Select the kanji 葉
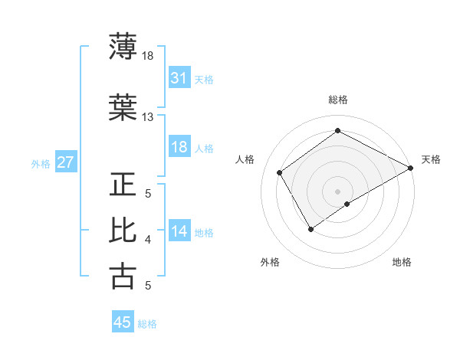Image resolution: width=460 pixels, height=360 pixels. pos(123,109)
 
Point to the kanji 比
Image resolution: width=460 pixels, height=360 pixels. pos(123,230)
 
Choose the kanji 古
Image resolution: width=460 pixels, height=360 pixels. pos(123,276)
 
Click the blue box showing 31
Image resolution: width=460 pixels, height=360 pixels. pos(179,77)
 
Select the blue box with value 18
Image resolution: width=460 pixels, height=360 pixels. pos(179,147)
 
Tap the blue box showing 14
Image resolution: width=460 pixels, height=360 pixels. pos(179,231)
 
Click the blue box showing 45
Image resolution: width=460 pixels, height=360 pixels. pos(123,322)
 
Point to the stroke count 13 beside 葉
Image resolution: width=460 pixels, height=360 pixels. pos(147,117)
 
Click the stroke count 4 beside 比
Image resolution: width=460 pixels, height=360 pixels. pos(148,240)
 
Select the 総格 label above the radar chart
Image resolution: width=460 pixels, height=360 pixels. pos(338,100)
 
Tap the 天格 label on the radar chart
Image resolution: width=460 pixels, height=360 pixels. pos(431,159)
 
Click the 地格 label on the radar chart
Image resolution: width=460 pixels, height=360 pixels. pos(402,263)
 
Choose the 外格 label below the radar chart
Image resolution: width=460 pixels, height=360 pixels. pos(270,263)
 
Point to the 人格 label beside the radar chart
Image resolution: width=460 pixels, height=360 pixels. pos(245,159)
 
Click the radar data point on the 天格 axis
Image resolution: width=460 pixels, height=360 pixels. pos(410,168)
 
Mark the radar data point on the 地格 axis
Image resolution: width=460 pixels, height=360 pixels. pos(347,204)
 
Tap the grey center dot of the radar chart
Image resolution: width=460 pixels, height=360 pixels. pos(337,191)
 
